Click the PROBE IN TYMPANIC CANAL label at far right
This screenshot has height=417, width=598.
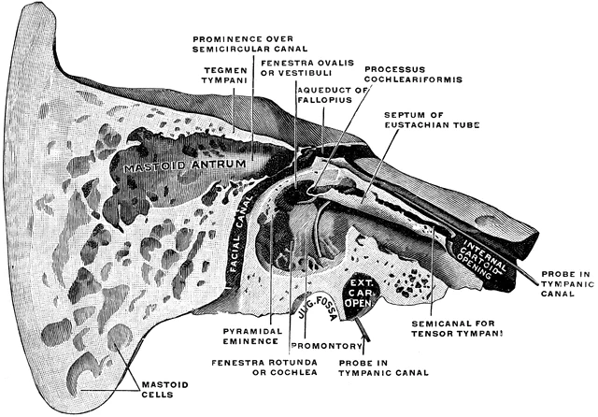[x=564, y=283]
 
